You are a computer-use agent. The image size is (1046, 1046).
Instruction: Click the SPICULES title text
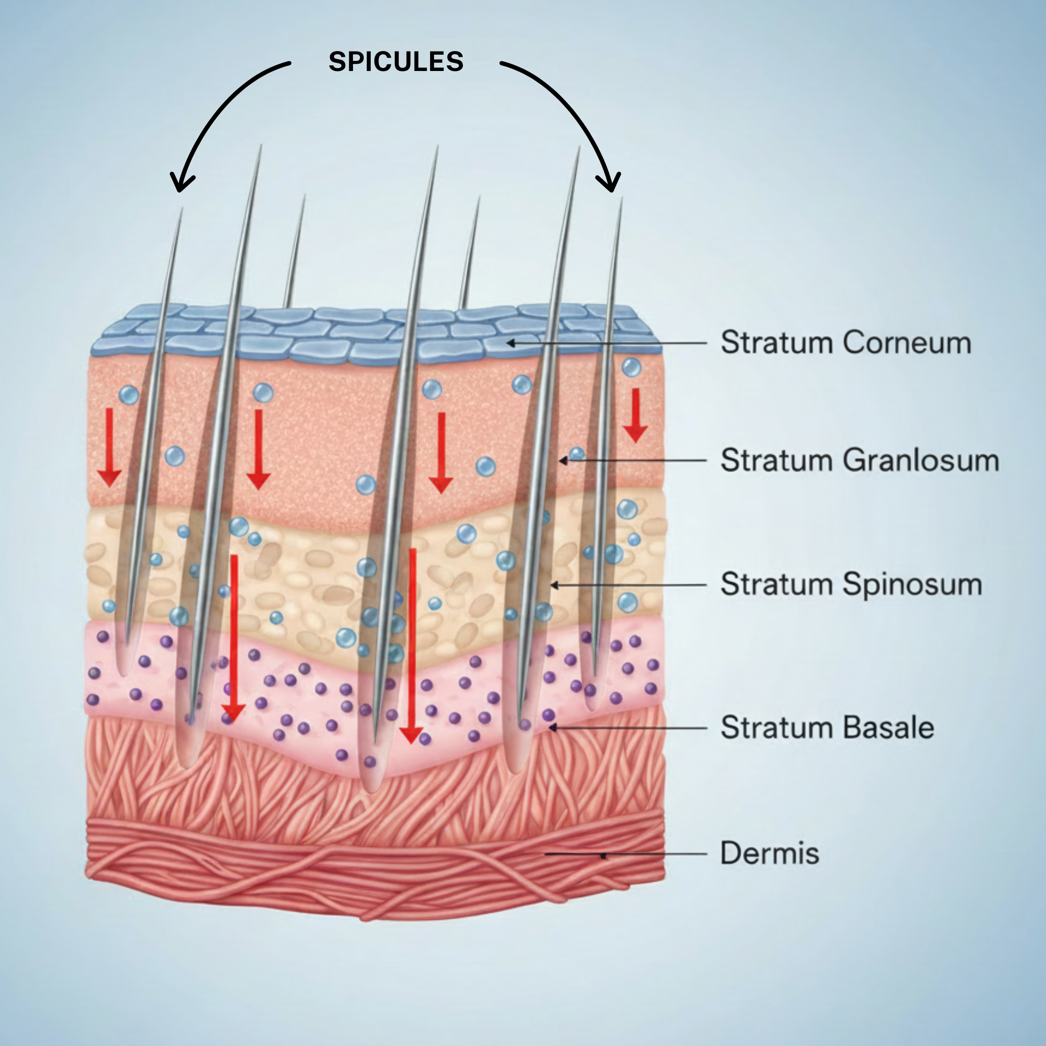[x=396, y=62]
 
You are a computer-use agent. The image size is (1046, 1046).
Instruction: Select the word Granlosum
[x=920, y=460]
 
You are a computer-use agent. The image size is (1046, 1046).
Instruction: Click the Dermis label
[x=769, y=853]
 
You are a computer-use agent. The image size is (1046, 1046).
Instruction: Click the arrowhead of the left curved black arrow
[x=181, y=184]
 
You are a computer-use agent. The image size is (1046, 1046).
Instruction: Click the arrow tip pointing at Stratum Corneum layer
[x=510, y=343]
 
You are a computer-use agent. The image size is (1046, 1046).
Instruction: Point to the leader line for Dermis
[x=650, y=854]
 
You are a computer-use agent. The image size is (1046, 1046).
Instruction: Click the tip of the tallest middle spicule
[x=437, y=147]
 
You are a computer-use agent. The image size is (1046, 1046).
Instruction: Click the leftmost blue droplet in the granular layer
[x=129, y=395]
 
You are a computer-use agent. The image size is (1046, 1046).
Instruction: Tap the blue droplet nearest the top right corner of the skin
[x=631, y=367]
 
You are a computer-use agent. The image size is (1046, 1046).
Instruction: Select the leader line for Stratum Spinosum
[x=628, y=585]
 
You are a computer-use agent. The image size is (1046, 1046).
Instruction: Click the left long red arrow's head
[x=233, y=713]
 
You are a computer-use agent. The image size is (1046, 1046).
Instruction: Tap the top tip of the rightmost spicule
[x=621, y=199]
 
